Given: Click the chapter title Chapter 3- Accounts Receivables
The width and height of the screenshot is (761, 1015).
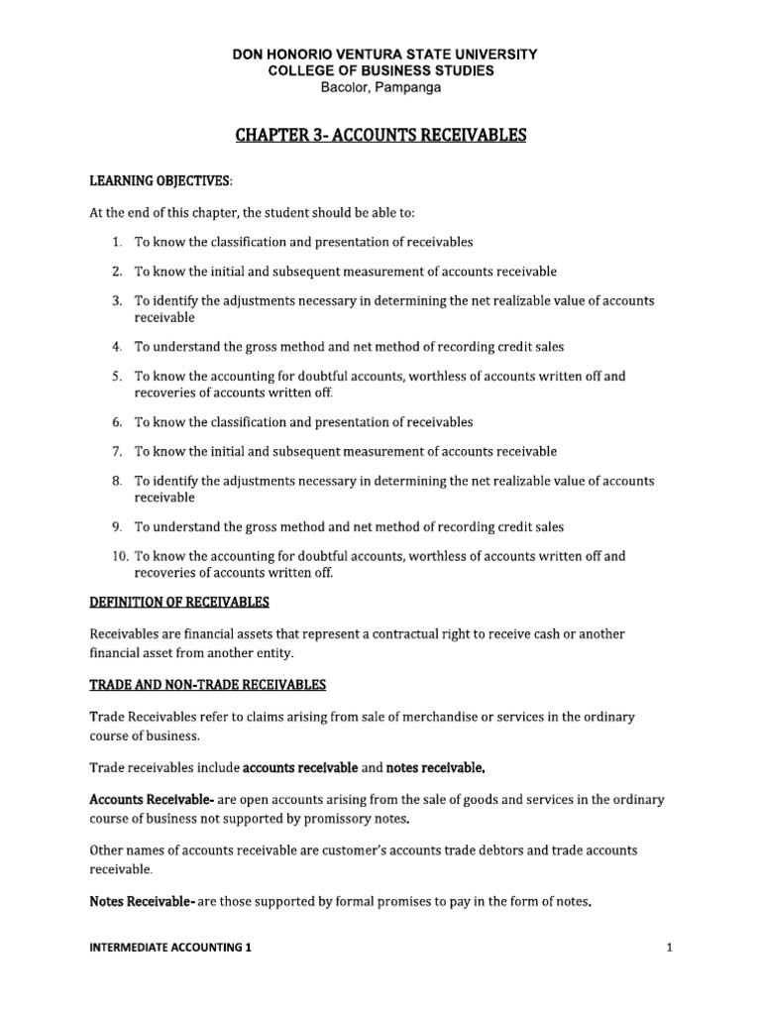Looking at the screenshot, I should click(380, 135).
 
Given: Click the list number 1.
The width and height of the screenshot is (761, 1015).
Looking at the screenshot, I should click(116, 241).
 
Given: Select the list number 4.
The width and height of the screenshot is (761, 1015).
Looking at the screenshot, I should click(116, 346).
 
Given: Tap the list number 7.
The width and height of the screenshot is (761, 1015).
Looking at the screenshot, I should click(116, 451).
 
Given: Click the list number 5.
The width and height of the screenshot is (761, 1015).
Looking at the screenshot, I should click(116, 376).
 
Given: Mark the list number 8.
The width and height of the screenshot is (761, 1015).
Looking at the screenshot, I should click(116, 481).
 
